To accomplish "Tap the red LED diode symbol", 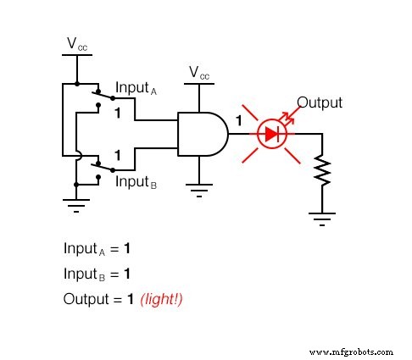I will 272,134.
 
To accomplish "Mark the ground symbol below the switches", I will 76,204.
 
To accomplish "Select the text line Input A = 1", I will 97,249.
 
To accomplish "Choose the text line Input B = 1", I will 97,274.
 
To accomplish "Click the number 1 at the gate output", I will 239,121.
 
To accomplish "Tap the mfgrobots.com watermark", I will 352,351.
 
